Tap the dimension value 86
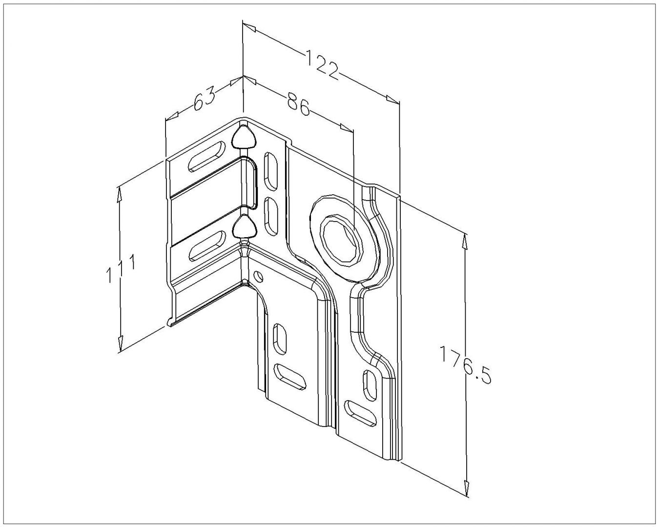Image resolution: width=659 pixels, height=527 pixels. tap(298, 106)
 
